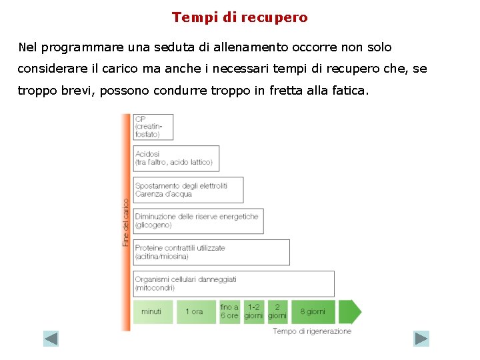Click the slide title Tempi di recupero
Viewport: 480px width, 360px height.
[x=240, y=17]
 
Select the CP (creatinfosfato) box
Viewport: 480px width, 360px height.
[x=153, y=127]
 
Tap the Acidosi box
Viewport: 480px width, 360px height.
[x=176, y=158]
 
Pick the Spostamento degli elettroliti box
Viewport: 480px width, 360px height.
[x=188, y=190]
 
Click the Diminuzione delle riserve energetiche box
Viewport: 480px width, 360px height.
[x=198, y=221]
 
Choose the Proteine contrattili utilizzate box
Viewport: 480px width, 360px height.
[x=211, y=252]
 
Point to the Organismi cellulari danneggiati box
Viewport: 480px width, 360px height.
[x=233, y=283]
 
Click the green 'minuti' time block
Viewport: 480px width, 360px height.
[x=153, y=311]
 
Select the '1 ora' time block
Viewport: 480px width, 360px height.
[x=195, y=311]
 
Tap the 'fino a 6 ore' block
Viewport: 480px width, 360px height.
[x=229, y=311]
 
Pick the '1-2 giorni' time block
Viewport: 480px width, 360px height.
[x=253, y=311]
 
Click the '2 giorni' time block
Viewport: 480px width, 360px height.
[x=277, y=311]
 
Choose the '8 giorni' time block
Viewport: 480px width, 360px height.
[x=313, y=311]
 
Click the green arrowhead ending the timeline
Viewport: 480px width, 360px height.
[x=351, y=311]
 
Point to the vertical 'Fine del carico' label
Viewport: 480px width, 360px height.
[x=126, y=222]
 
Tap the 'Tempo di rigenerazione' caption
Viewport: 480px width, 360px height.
[x=312, y=331]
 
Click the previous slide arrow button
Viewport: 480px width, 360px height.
[x=51, y=339]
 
